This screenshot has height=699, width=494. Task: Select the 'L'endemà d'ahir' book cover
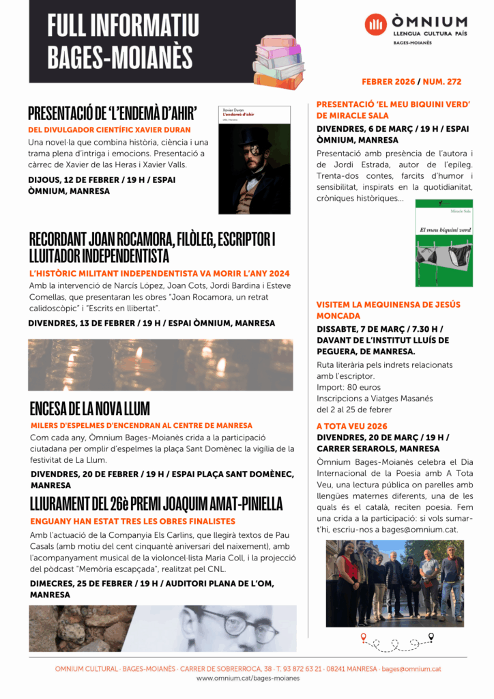(x=254, y=160)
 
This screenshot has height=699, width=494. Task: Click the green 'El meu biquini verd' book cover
(x=444, y=243)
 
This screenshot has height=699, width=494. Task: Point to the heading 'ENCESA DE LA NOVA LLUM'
(x=89, y=409)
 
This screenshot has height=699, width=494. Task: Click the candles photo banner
(x=160, y=365)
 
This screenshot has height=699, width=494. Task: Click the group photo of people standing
(x=394, y=584)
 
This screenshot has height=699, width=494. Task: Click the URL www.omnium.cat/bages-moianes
(x=248, y=679)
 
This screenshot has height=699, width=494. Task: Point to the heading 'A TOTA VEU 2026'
(x=352, y=426)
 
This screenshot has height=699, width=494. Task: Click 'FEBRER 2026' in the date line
(x=388, y=82)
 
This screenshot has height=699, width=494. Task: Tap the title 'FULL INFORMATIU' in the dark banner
(x=123, y=26)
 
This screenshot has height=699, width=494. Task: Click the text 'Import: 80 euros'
(x=349, y=387)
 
